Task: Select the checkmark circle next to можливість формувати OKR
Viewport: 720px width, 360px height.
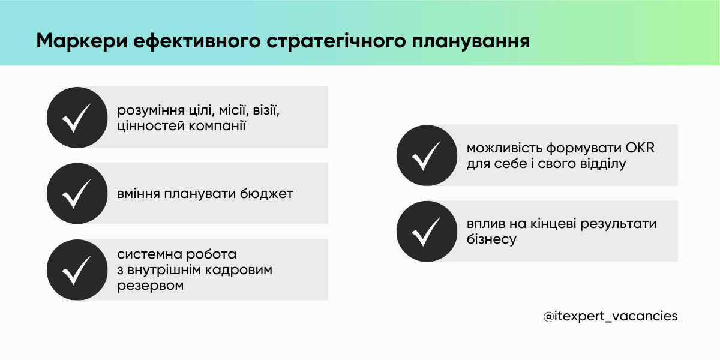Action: tap(427, 155)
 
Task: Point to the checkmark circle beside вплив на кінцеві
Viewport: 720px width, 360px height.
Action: tap(427, 231)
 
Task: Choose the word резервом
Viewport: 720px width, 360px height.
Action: tap(150, 286)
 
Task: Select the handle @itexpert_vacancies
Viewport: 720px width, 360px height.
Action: tap(611, 316)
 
